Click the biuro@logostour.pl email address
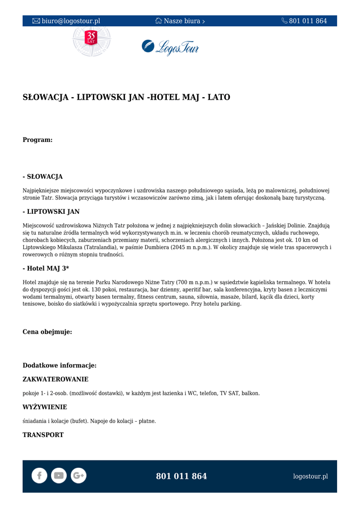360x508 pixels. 71,21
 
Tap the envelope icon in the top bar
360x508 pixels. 36,21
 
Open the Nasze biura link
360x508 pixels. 182,21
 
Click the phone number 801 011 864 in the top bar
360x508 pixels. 308,21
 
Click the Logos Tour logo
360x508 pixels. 170,47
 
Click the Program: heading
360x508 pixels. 38,140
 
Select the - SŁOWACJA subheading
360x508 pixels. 43,177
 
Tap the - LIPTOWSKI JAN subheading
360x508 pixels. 51,211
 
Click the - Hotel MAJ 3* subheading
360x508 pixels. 46,268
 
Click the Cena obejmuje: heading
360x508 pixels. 47,332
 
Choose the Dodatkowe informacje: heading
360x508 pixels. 60,366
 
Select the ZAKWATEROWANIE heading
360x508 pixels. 56,380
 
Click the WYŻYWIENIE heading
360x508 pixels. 45,407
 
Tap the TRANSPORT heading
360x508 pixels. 43,435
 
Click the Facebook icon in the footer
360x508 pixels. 39,476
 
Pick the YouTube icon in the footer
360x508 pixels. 59,476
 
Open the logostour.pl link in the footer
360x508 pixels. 310,476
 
